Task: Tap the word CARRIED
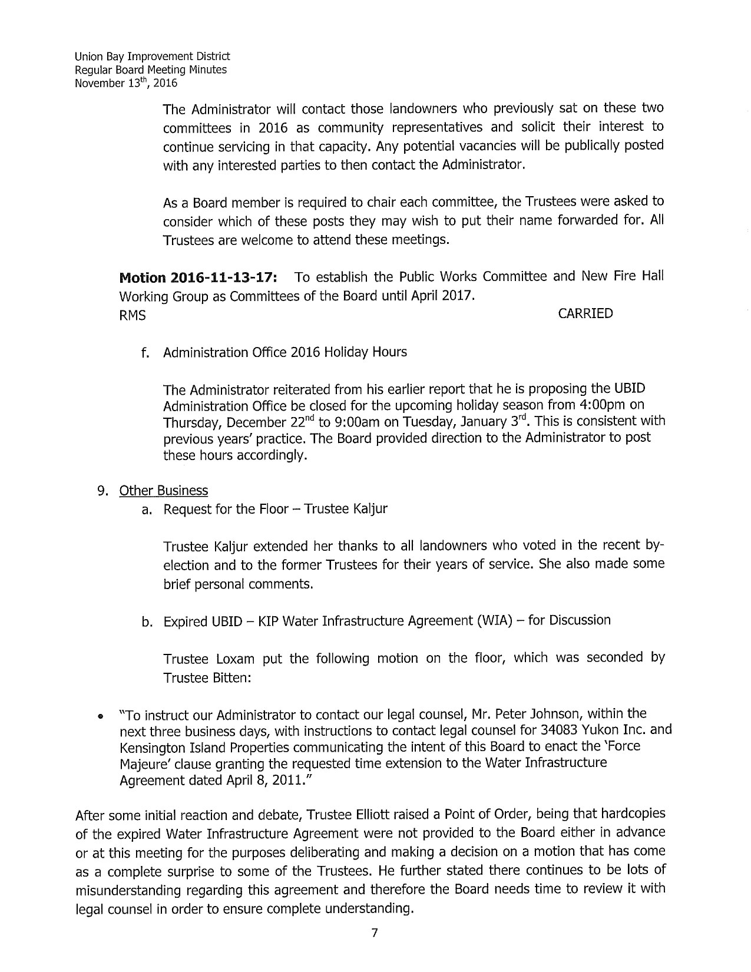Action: (x=585, y=313)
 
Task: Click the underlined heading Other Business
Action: (x=163, y=491)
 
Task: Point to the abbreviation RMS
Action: (x=133, y=316)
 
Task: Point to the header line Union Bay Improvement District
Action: (x=152, y=57)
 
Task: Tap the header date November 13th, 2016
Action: (x=126, y=83)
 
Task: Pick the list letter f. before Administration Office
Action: (x=145, y=352)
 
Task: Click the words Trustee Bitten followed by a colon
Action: (x=207, y=678)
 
